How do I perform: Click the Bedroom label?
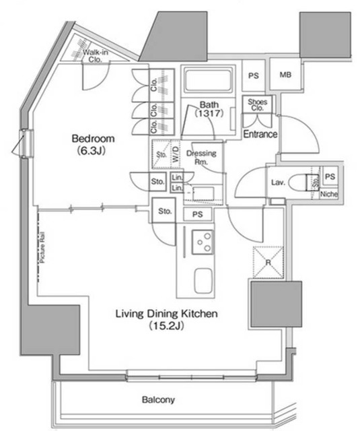[x=94, y=139]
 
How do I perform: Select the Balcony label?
[x=158, y=400]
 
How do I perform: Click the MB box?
[x=286, y=75]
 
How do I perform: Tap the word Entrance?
[x=260, y=135]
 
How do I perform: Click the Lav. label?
[x=277, y=182]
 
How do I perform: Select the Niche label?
[x=329, y=195]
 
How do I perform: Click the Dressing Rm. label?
[x=205, y=158]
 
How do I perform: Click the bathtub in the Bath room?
[x=208, y=81]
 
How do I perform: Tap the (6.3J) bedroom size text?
[x=94, y=151]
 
